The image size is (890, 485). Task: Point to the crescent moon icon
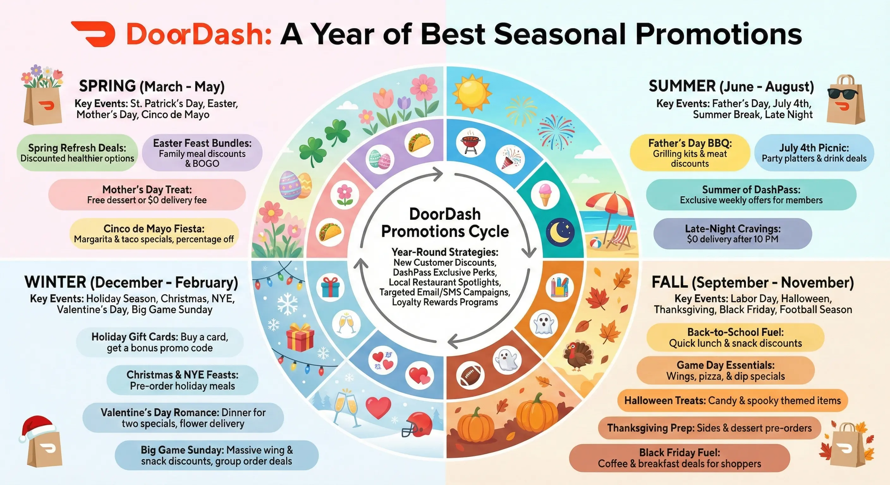click(x=560, y=232)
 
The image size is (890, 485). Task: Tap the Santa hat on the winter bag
click(x=37, y=428)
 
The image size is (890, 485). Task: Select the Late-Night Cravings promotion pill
click(x=733, y=234)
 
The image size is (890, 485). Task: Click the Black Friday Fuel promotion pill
click(x=680, y=458)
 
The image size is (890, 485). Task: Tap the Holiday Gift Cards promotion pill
click(x=160, y=342)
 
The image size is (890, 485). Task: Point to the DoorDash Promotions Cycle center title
click(x=445, y=223)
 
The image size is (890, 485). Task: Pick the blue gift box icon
click(x=330, y=288)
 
